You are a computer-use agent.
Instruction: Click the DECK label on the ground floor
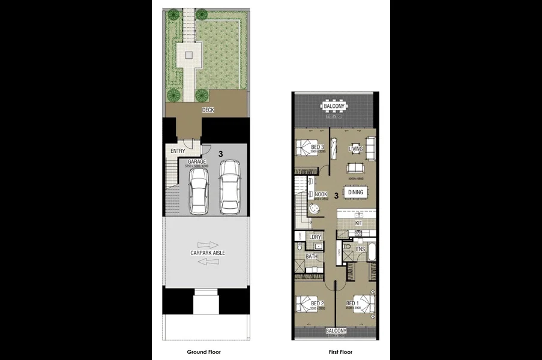(x=208, y=110)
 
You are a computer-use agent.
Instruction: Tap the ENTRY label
(x=178, y=151)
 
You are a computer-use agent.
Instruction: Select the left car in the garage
(x=199, y=190)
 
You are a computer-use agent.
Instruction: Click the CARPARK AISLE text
(x=208, y=253)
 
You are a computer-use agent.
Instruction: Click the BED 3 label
(x=318, y=147)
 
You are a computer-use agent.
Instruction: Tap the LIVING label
(x=356, y=149)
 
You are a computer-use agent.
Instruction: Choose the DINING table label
(x=355, y=192)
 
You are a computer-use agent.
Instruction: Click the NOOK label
(x=321, y=194)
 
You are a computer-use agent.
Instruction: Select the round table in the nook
(x=314, y=209)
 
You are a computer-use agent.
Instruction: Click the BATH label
(x=312, y=257)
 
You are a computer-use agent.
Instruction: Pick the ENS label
(x=360, y=248)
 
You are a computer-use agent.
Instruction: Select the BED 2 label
(x=318, y=304)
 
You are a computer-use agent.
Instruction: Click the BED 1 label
(x=353, y=304)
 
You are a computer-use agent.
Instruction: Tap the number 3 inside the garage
(x=221, y=154)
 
